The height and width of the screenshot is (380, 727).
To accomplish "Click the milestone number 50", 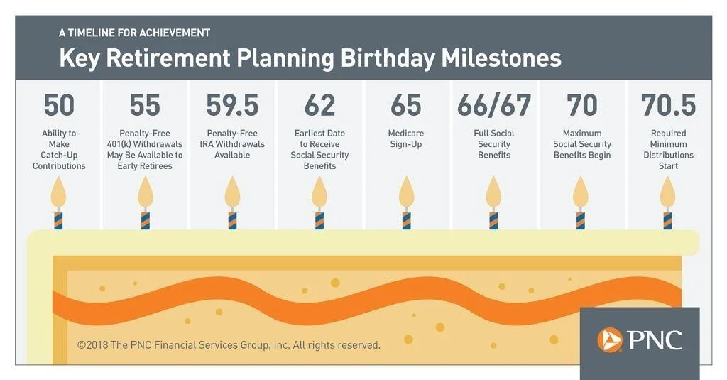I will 59,105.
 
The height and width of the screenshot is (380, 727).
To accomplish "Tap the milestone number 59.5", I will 232,105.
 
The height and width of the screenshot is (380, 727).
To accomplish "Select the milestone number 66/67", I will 494,105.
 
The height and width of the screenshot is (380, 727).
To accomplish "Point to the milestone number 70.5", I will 668,105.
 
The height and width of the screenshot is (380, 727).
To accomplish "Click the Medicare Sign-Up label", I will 406,139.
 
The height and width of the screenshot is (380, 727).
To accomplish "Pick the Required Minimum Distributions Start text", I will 668,149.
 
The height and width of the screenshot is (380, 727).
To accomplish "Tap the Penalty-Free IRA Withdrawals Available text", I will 232,143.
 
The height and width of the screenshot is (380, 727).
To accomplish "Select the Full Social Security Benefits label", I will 494,143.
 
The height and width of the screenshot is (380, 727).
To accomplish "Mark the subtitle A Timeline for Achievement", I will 134,33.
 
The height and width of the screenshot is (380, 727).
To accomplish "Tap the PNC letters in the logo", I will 654,340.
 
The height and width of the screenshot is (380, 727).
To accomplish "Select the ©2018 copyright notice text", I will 229,345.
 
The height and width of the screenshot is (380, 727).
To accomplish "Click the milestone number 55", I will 145,105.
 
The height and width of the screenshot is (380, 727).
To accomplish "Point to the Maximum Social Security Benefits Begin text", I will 581,143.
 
